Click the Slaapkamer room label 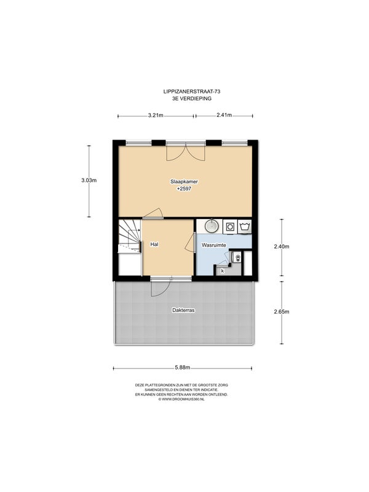point(184,181)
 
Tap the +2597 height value point(184,189)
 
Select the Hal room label point(154,244)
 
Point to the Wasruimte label point(213,245)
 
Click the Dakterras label point(183,310)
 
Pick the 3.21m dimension point(156,115)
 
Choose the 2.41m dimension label point(224,115)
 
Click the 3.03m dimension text point(89,180)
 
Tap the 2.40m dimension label point(282,247)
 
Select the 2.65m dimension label point(282,312)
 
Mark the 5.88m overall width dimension point(183,368)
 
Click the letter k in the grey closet point(223,271)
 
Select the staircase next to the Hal point(129,236)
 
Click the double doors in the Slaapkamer point(186,151)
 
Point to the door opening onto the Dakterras point(161,287)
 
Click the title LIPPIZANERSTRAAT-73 point(192,92)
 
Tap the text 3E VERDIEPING point(192,98)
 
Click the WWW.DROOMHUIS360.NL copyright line point(181,399)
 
